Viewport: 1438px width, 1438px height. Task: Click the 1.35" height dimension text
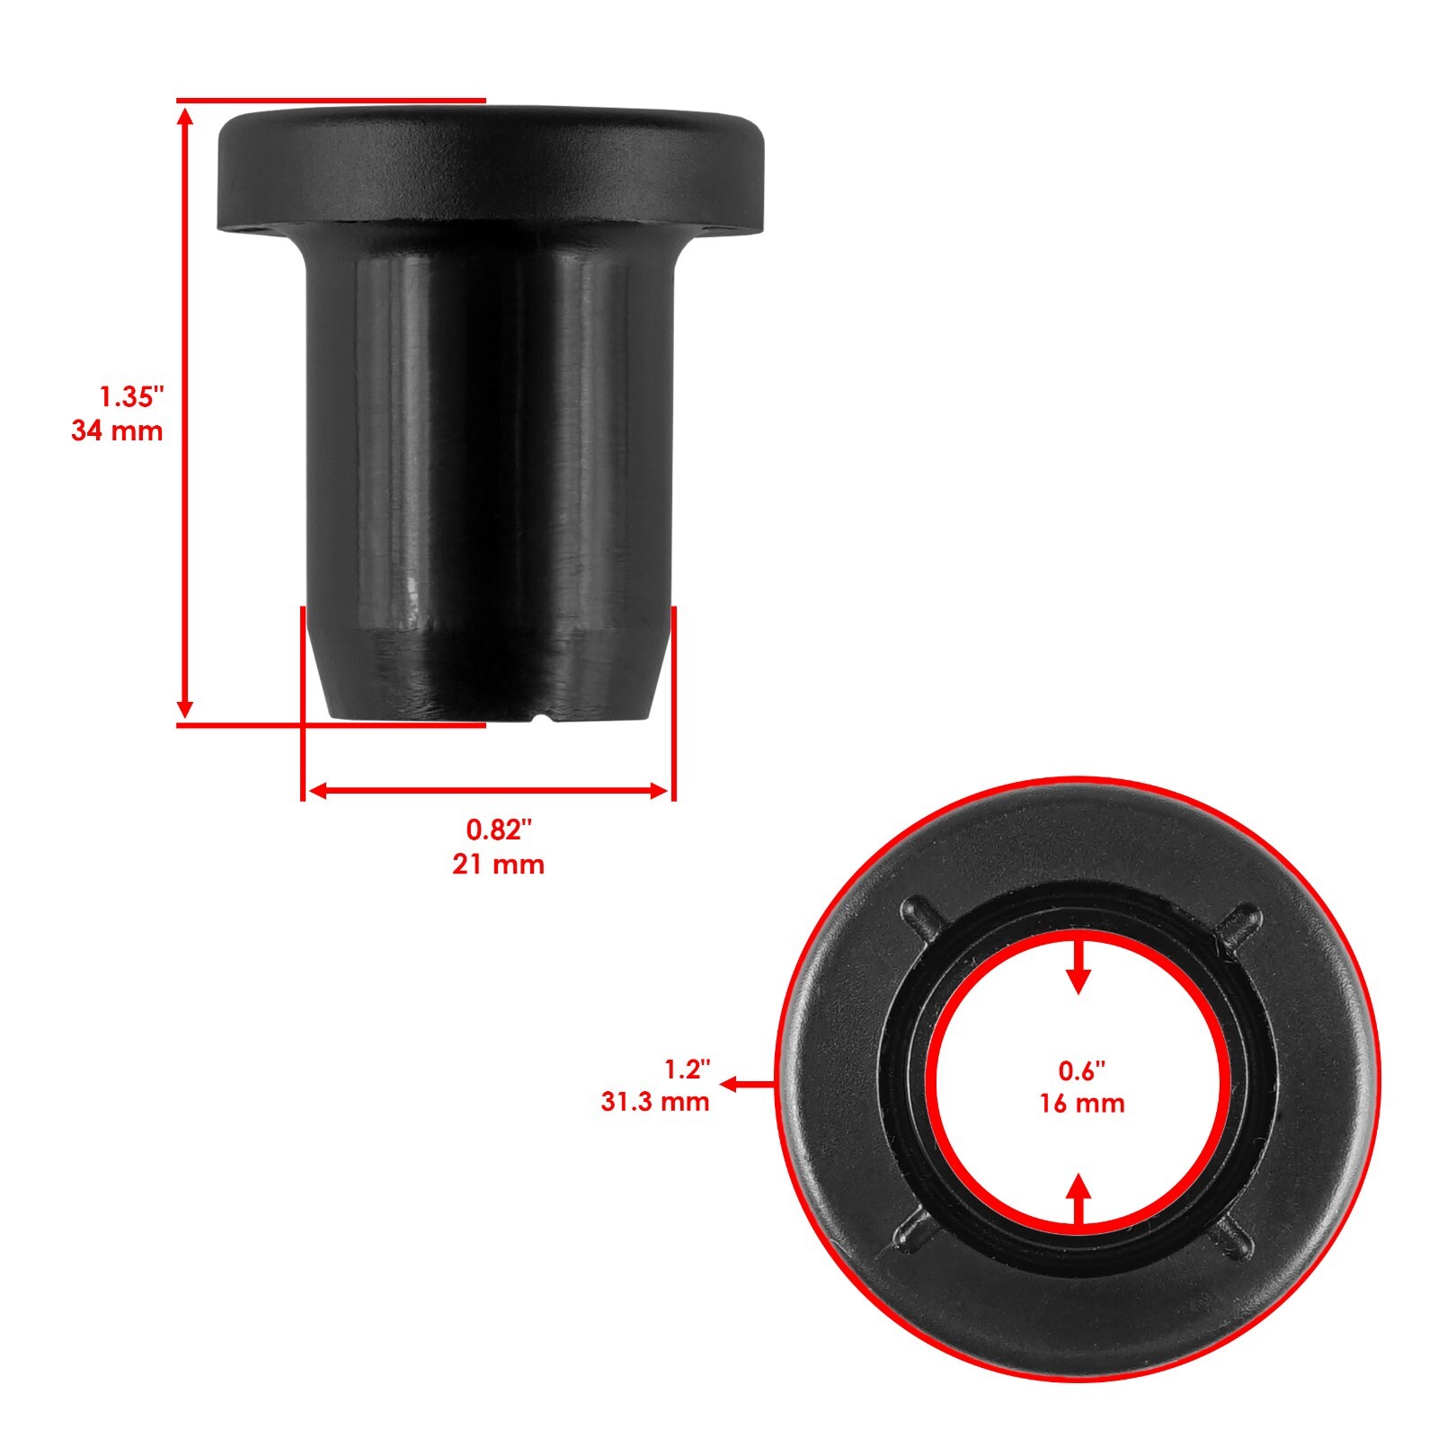pos(132,395)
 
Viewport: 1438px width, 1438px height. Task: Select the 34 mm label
pos(118,431)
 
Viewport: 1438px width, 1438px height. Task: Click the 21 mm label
pos(499,865)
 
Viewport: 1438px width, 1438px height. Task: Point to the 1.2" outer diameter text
pos(687,1070)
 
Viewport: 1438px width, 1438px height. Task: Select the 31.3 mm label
pos(655,1101)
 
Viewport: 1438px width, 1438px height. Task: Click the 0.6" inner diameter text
pos(1081,1070)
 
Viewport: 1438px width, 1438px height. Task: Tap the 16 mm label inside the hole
pos(1081,1103)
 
